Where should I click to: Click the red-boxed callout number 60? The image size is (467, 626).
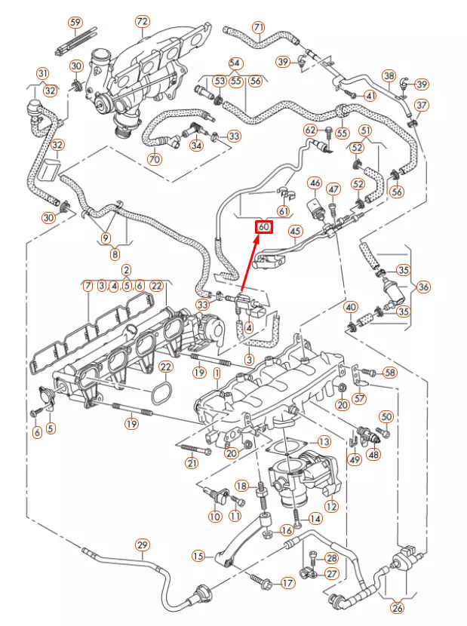263,226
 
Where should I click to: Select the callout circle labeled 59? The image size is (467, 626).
75,22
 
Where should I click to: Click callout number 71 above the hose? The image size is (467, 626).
259,28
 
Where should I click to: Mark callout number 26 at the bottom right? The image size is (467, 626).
398,608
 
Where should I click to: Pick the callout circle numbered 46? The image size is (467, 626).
315,183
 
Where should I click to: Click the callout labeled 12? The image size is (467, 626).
330,507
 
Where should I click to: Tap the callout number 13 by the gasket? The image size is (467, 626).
324,442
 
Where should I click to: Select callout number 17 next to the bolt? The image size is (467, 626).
287,583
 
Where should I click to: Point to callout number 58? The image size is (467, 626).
389,373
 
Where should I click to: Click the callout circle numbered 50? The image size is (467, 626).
386,417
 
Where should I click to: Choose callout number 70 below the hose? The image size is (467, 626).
155,160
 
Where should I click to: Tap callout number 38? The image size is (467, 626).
389,76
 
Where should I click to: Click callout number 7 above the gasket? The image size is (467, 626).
88,286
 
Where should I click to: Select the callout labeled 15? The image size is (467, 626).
198,556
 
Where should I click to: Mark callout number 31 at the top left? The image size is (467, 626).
42,73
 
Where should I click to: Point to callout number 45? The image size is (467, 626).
295,231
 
